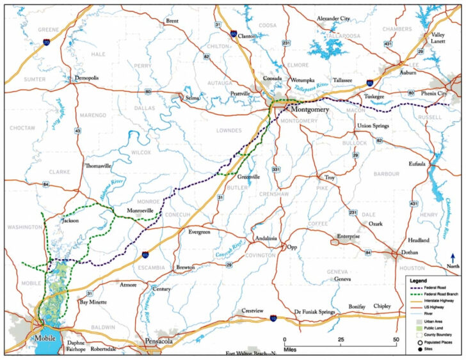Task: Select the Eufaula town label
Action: [417, 164]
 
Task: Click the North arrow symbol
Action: [453, 260]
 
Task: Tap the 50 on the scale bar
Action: [399, 339]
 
